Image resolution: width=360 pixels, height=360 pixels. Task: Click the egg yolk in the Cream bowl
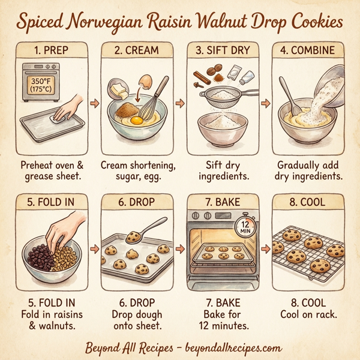(x=136, y=120)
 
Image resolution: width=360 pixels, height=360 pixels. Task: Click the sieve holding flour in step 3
(x=223, y=95)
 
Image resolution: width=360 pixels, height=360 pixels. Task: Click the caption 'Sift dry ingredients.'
(x=223, y=170)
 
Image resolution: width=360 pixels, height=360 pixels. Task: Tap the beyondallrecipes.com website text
(x=228, y=347)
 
